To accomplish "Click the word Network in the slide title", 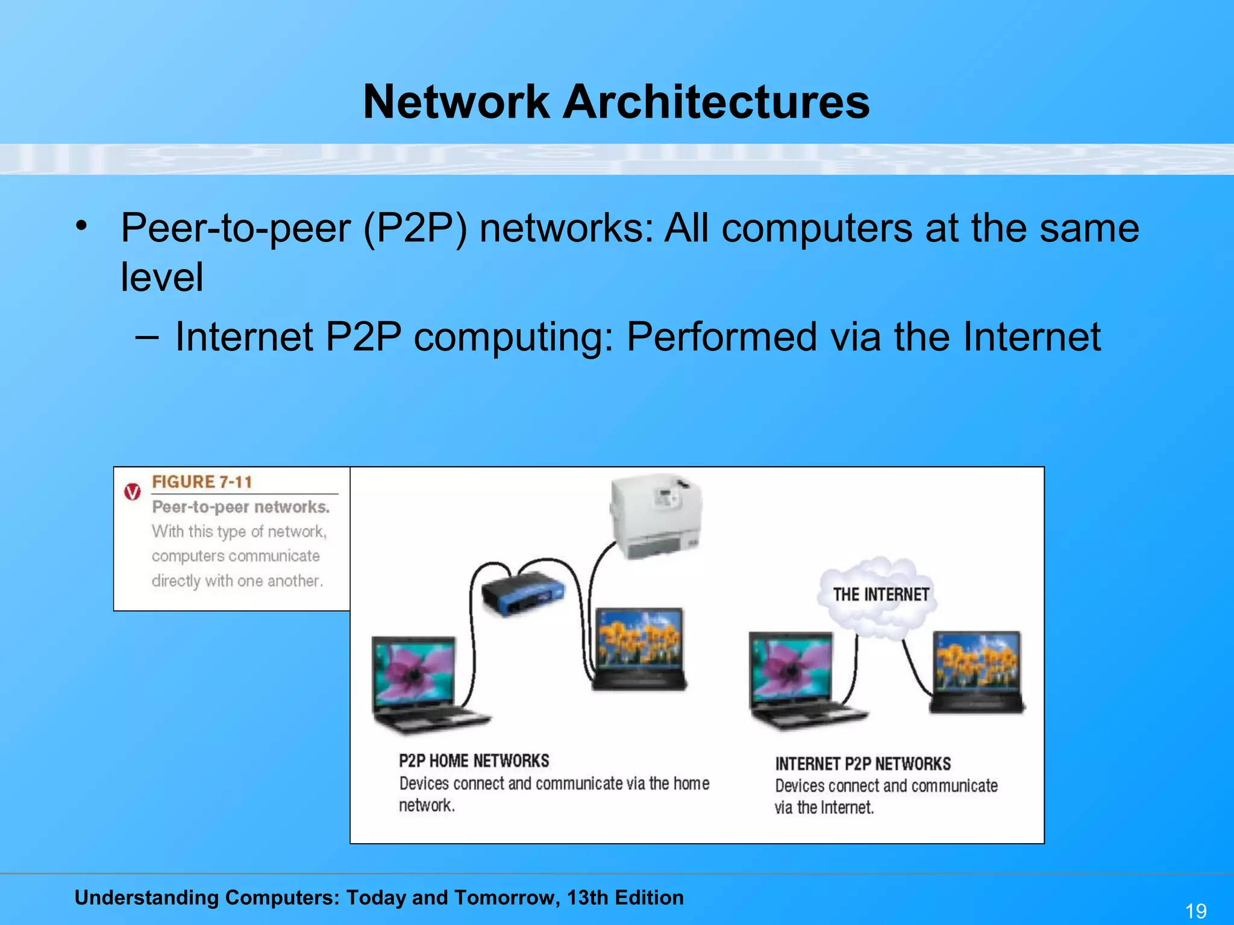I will click(x=456, y=101).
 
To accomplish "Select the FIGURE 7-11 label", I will click(x=202, y=482).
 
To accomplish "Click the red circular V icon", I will click(x=133, y=491).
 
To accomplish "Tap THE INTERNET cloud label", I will click(x=880, y=595).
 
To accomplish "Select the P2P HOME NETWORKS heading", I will click(x=474, y=761).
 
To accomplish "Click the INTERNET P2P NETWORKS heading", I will click(x=862, y=764).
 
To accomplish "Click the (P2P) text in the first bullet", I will click(x=415, y=229).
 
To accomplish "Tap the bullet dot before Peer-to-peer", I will click(x=81, y=226).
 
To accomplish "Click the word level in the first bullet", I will click(x=161, y=277).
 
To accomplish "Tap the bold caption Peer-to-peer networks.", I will click(x=240, y=507).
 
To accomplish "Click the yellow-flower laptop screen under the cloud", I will click(x=976, y=662).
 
